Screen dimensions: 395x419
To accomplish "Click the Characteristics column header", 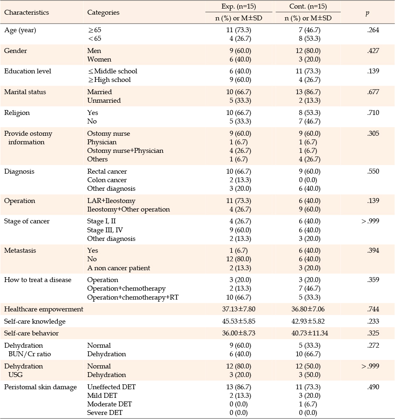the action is click(x=26, y=13).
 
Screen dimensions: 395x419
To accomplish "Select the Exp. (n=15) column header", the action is click(x=238, y=6).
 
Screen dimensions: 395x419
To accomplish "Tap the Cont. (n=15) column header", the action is click(x=308, y=6).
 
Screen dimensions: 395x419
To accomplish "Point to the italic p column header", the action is click(x=367, y=13).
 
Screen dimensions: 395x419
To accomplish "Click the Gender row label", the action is click(x=15, y=51).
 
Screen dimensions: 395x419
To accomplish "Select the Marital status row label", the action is click(x=25, y=92).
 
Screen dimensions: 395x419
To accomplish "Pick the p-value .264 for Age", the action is click(x=373, y=30).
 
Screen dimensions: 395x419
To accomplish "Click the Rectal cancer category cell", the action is click(x=107, y=171).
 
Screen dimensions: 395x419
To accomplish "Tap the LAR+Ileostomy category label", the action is click(x=111, y=201).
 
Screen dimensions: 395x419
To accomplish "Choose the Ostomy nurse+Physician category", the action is click(x=125, y=151).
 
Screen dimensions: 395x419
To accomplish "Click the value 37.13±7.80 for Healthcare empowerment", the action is click(x=238, y=309).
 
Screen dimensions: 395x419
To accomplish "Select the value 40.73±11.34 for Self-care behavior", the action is click(x=310, y=333).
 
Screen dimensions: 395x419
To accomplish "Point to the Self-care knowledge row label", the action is click(x=35, y=322).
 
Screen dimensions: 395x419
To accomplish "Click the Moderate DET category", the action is click(x=110, y=404).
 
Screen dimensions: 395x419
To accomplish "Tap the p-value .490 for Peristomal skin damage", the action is click(x=373, y=387).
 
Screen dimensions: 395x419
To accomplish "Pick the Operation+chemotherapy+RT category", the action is click(x=133, y=298).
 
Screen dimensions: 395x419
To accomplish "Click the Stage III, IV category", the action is click(x=105, y=230).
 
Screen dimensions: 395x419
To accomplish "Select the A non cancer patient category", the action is click(x=119, y=268).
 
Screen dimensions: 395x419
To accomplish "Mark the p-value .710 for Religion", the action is click(x=373, y=113).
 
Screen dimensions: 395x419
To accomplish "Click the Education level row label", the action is click(x=28, y=71).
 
